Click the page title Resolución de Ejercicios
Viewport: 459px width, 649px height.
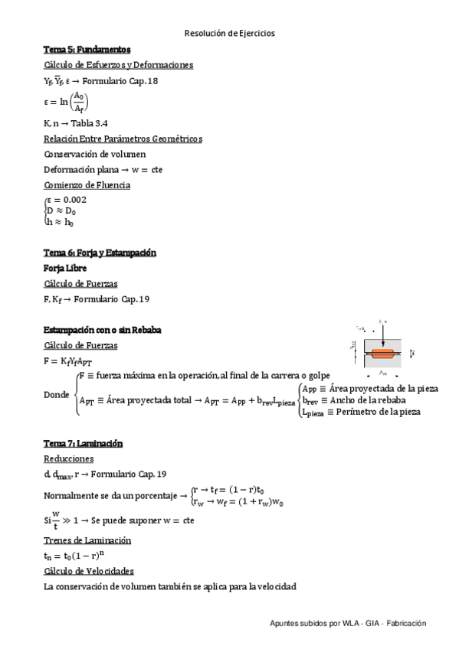(x=229, y=34)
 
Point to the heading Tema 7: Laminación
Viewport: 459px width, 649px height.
(x=84, y=444)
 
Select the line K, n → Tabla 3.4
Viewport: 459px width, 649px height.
(x=75, y=123)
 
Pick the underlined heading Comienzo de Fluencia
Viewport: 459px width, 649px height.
(x=87, y=185)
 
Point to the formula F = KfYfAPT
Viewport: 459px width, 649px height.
(x=69, y=360)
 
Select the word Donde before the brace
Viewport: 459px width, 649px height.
(x=57, y=395)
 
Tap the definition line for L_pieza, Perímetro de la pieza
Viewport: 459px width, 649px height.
(x=361, y=412)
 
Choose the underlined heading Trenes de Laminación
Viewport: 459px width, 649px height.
(x=87, y=540)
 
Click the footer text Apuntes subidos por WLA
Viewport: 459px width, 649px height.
(x=347, y=625)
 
